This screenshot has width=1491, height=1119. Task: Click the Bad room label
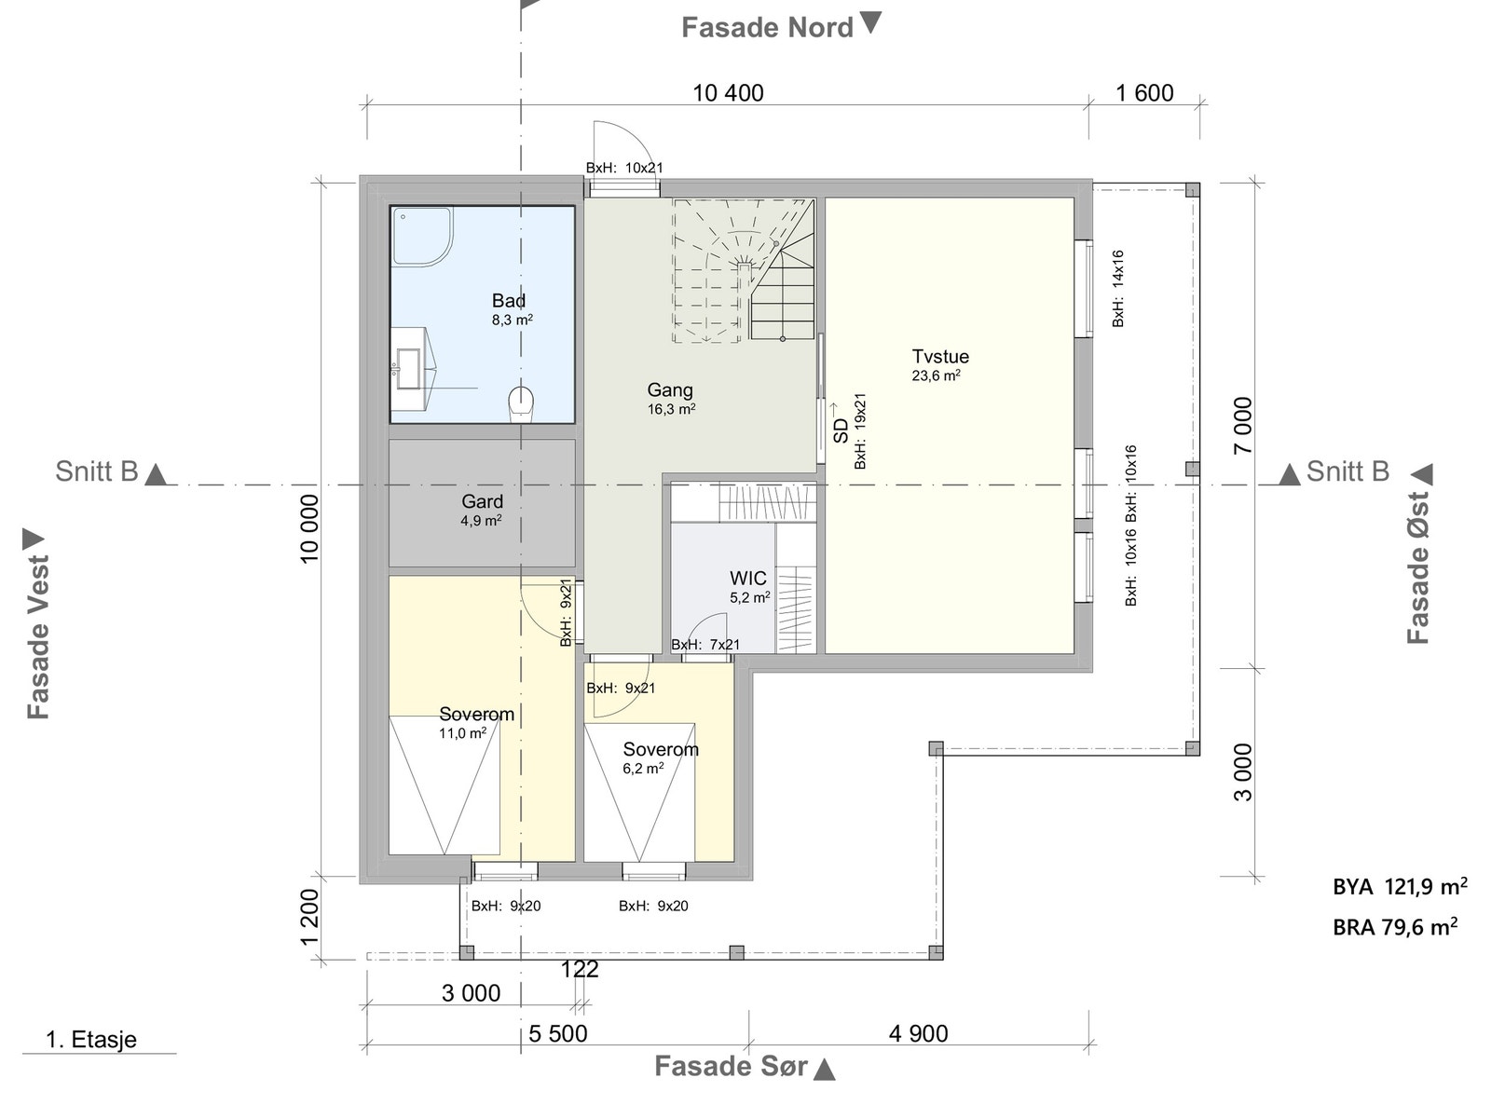(509, 301)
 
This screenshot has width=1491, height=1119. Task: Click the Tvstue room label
(939, 357)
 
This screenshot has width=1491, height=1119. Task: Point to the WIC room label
(747, 579)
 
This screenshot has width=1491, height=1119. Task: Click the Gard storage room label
(482, 502)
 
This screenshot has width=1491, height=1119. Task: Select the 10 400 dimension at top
(728, 93)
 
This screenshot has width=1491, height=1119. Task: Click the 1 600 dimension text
(1143, 93)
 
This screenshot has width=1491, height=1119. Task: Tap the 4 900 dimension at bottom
(918, 1033)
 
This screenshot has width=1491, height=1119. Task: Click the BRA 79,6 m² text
(1394, 927)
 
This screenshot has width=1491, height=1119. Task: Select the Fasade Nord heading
(767, 28)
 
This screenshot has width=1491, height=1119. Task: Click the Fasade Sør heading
(731, 1066)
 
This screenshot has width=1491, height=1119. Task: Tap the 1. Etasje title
(91, 1040)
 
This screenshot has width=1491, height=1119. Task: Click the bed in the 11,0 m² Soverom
(444, 785)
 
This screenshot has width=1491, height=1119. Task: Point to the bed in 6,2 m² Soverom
(639, 792)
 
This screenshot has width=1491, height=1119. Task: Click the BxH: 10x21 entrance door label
(623, 169)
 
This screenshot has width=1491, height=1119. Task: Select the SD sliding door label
(841, 430)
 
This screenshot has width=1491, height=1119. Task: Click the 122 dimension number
(579, 970)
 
